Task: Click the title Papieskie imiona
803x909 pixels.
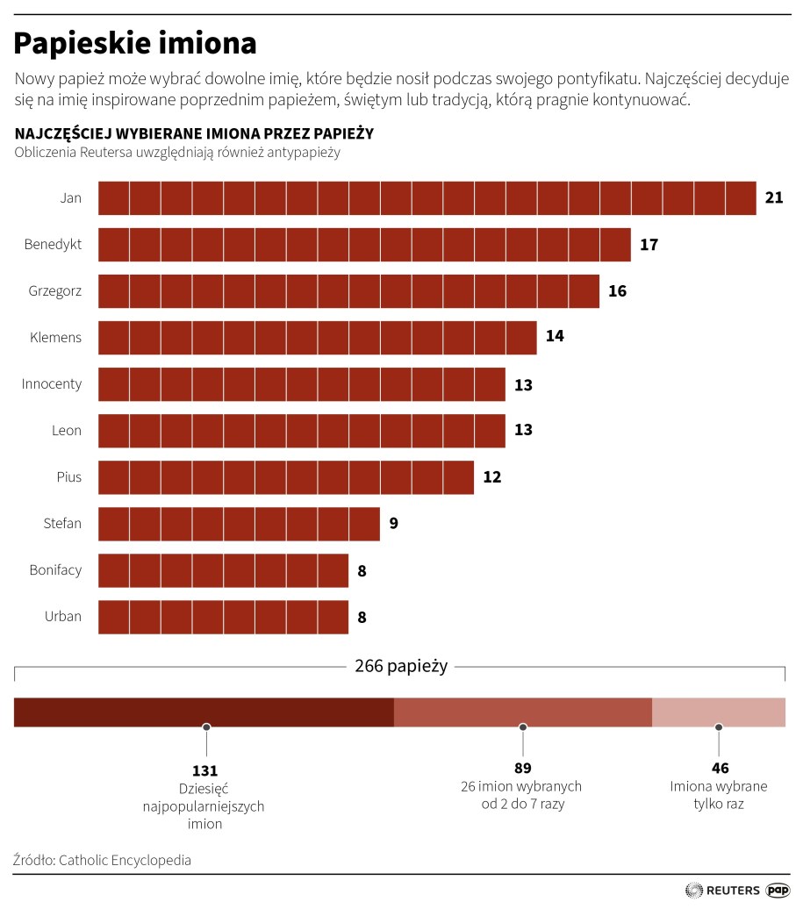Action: [x=135, y=42]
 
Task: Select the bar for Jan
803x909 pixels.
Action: [x=427, y=198]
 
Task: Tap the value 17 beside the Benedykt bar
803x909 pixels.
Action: [x=649, y=245]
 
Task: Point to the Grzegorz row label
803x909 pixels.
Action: [x=55, y=290]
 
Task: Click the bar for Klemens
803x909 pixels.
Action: [x=317, y=338]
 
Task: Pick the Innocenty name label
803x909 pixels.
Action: [x=52, y=383]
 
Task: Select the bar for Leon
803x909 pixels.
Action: [x=301, y=431]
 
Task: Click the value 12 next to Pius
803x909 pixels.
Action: [x=492, y=477]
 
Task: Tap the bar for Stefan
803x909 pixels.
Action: [x=239, y=524]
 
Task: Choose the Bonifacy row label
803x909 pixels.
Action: [x=55, y=569]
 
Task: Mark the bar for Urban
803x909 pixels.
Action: [x=223, y=617]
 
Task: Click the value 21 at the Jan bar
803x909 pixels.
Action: [x=774, y=198]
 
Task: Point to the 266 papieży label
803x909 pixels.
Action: [x=401, y=666]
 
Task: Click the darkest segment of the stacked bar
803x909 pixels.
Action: [x=204, y=712]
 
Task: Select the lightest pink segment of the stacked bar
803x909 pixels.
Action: [x=718, y=712]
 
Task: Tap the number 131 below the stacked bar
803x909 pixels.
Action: [x=205, y=769]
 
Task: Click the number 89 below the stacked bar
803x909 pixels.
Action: [x=522, y=769]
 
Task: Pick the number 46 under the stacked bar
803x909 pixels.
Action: [x=718, y=769]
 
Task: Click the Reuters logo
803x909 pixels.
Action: [x=722, y=890]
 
